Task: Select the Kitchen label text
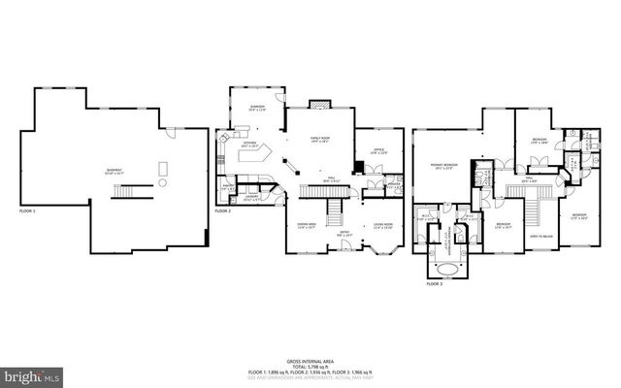pos(249,145)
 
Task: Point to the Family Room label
pos(322,141)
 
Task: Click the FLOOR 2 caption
pos(223,210)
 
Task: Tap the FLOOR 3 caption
pos(435,284)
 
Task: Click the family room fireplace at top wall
pos(320,103)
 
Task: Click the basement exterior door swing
pos(171,133)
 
